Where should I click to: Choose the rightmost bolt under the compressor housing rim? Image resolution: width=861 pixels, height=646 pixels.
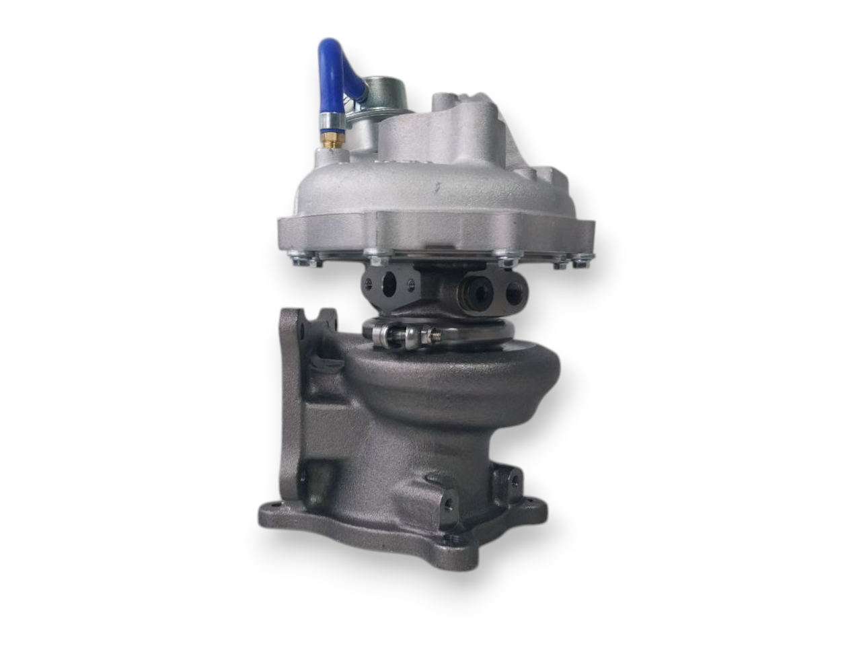(x=579, y=263)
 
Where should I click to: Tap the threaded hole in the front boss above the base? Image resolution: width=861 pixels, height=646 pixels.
(x=446, y=501)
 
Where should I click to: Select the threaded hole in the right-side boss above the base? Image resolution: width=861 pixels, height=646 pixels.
(x=514, y=479)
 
